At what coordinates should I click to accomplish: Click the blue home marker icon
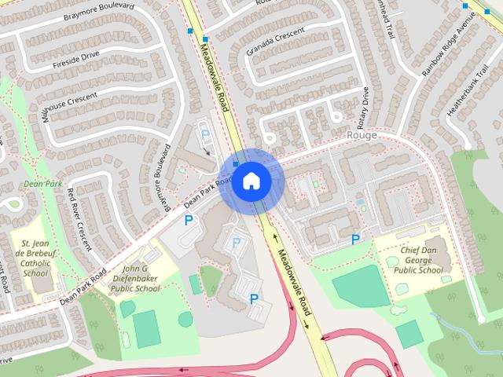(x=251, y=181)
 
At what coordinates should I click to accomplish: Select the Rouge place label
(x=362, y=135)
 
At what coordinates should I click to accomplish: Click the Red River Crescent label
(x=79, y=218)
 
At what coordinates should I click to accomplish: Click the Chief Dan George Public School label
(x=418, y=260)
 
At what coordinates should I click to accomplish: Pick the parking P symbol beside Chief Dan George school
(x=356, y=239)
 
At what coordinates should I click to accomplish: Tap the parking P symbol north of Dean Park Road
(x=206, y=134)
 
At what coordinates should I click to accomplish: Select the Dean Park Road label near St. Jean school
(x=83, y=287)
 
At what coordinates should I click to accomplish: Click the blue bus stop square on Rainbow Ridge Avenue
(x=465, y=6)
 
